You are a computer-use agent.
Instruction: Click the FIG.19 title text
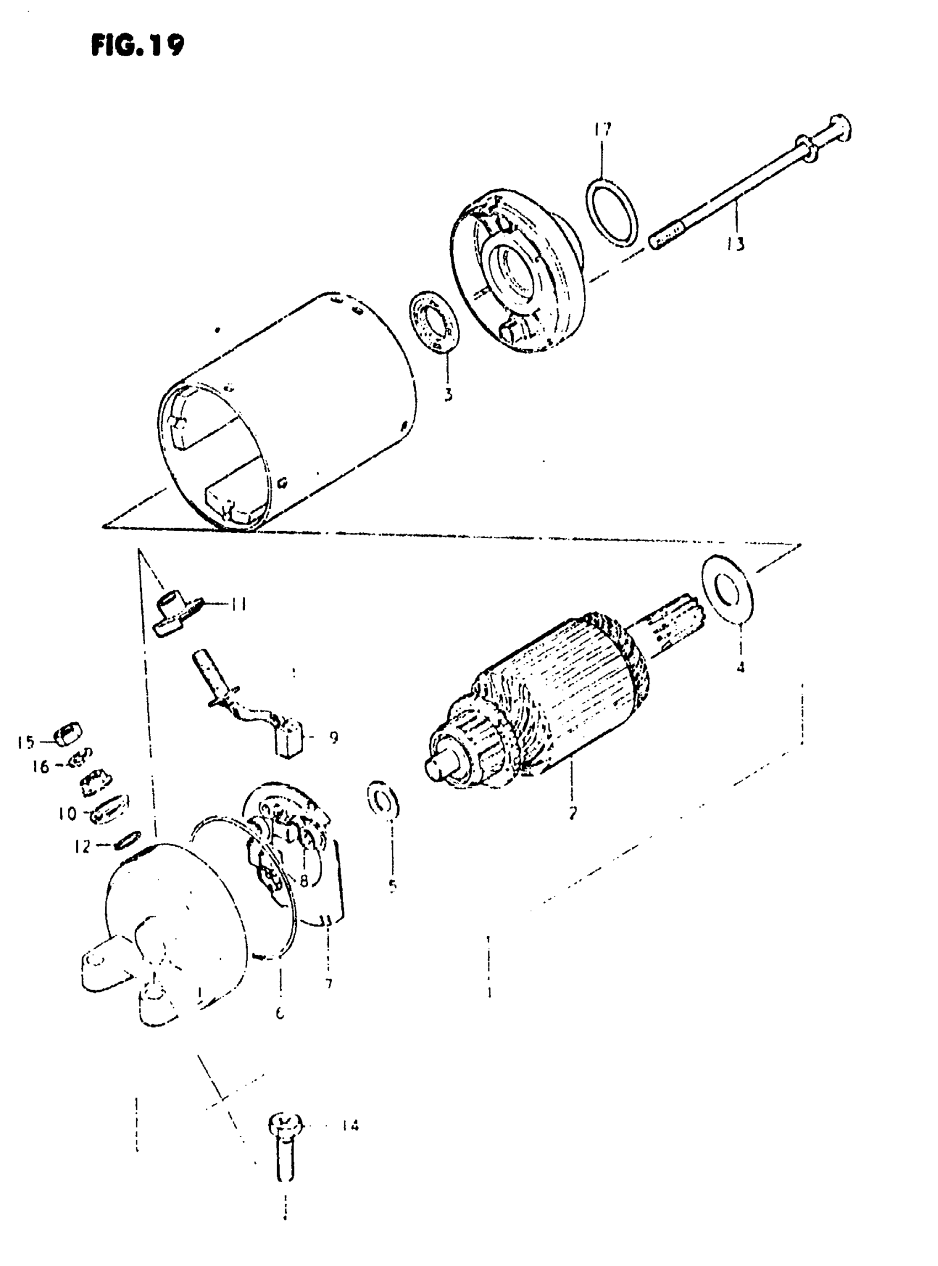point(137,45)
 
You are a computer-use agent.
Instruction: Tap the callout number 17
point(603,130)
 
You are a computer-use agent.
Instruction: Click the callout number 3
point(448,394)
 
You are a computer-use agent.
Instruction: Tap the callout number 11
point(239,605)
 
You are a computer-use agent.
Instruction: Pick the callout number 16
point(40,767)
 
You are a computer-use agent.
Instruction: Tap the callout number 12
point(82,847)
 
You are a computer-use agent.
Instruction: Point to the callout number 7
point(328,982)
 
